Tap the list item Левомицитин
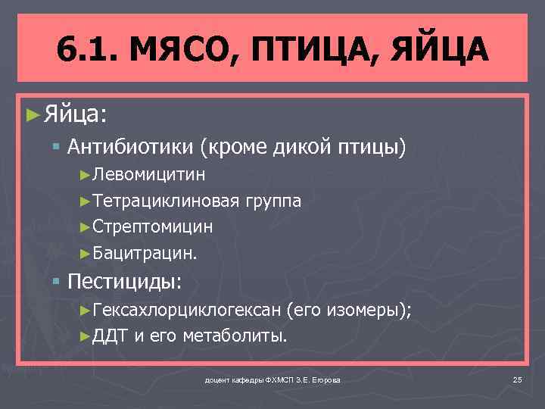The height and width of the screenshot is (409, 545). point(148,176)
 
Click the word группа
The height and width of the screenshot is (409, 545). point(273,201)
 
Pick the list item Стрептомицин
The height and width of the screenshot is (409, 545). point(152,226)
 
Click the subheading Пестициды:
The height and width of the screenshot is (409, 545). point(125,282)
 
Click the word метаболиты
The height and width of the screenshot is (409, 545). point(235,336)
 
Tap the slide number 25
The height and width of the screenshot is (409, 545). point(518,379)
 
